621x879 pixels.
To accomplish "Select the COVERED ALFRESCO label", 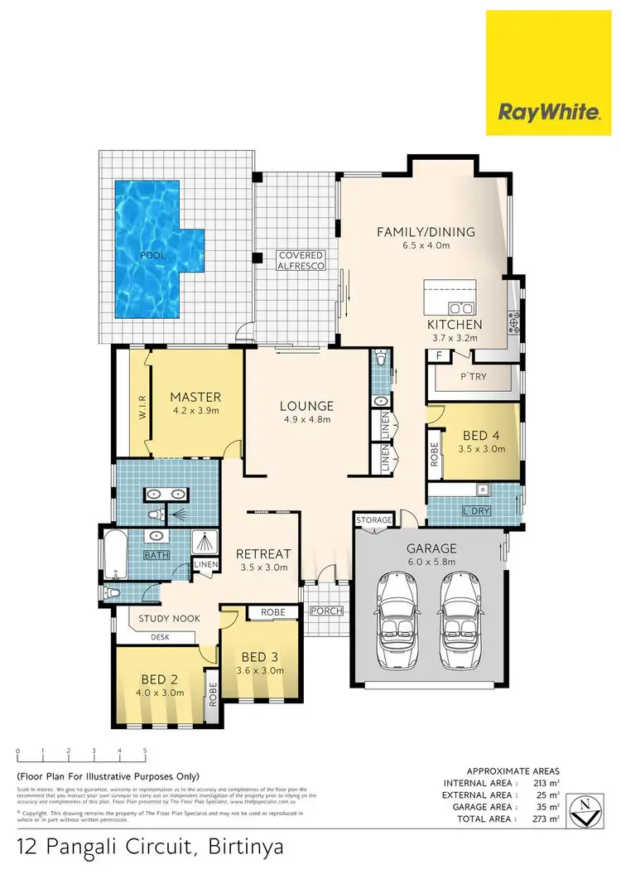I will coord(301,260).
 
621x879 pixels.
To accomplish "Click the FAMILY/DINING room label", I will coord(426,231).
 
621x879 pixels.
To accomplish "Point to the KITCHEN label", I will coord(455,324).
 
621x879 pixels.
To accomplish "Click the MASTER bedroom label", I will coord(195,397).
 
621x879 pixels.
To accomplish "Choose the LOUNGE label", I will coord(306,406).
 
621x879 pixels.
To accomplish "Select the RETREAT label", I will coord(262,553).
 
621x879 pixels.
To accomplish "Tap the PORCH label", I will coord(326,611).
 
